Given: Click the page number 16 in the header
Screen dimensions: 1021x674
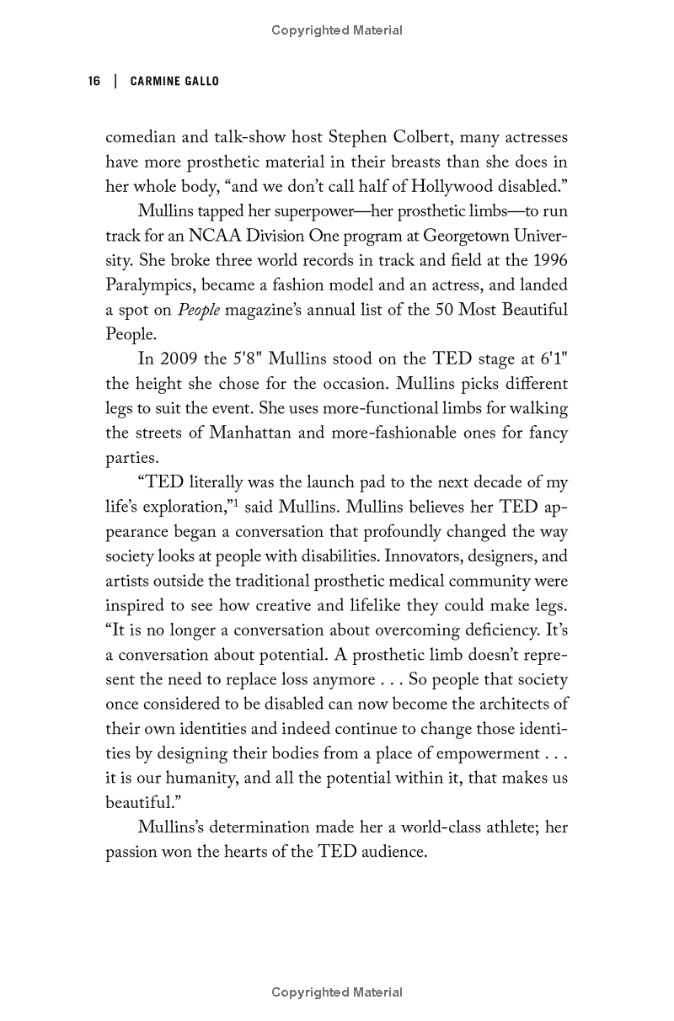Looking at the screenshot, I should (x=94, y=81).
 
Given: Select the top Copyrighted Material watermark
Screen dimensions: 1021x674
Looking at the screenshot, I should (x=337, y=30).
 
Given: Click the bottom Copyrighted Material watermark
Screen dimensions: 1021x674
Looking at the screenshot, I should (x=337, y=992).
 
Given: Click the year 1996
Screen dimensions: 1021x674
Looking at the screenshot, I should (x=549, y=261).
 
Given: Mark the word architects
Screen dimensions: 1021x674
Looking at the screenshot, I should (x=514, y=704).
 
